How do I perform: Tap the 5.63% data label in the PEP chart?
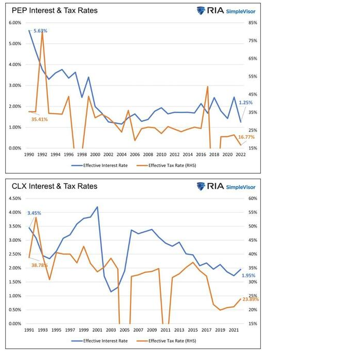pos(41,31)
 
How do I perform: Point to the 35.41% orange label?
pos(39,119)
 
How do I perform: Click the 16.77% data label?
pos(246,137)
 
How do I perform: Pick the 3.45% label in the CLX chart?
pos(34,213)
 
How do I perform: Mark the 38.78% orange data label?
pos(39,265)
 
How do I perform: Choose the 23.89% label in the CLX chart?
pos(250,299)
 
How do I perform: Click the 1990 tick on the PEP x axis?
pos(28,154)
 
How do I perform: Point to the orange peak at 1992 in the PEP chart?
pos(42,32)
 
